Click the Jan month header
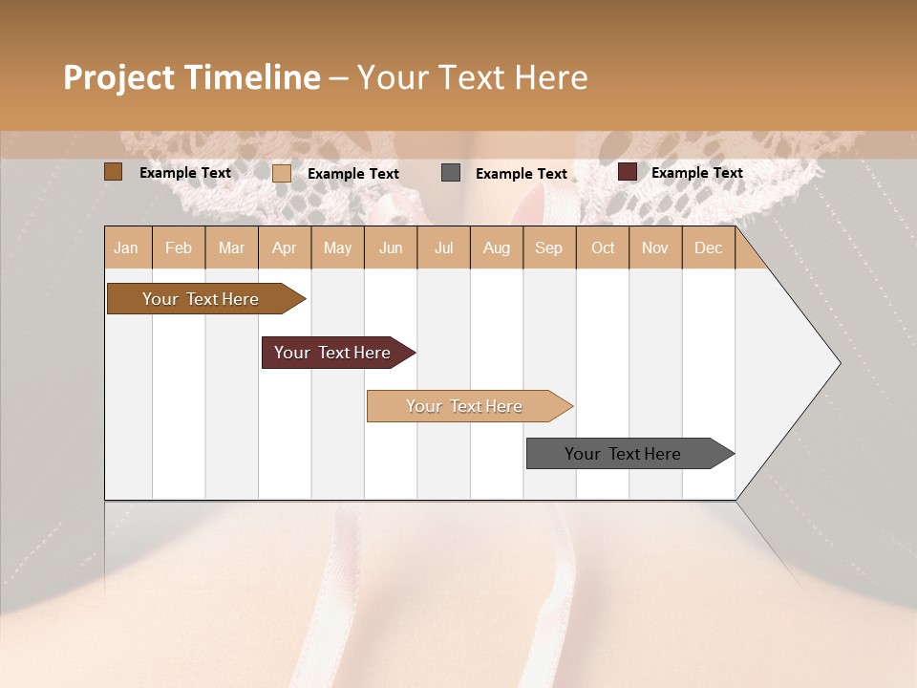(x=126, y=248)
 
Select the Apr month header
(x=284, y=248)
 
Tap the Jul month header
(x=443, y=248)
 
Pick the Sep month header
(x=548, y=248)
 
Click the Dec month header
(x=708, y=248)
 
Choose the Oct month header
(x=603, y=248)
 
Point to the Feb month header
(x=179, y=248)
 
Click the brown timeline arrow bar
(x=201, y=299)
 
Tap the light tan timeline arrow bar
(x=464, y=406)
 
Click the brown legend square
(x=114, y=172)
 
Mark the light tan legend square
(x=282, y=173)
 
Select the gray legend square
(x=451, y=173)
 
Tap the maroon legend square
(x=628, y=172)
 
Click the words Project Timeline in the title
(x=191, y=77)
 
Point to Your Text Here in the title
(x=472, y=77)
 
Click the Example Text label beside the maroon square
(x=696, y=173)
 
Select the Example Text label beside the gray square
(x=521, y=174)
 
